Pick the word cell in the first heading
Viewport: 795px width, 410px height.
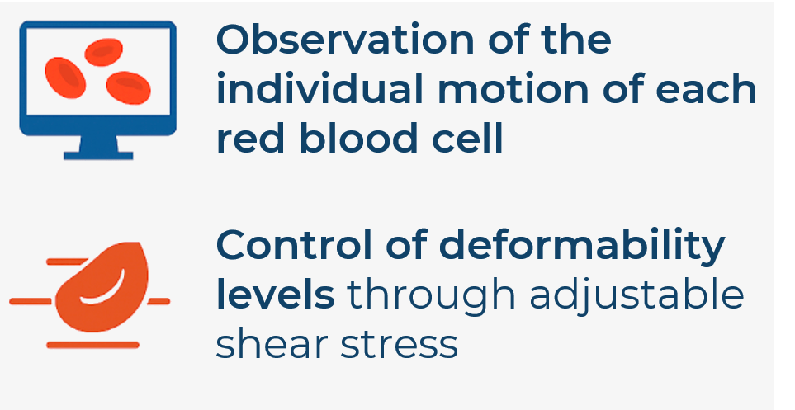[466, 138]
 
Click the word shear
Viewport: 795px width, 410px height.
[272, 344]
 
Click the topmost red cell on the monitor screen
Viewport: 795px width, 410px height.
[103, 52]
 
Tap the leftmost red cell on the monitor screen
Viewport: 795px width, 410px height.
[65, 78]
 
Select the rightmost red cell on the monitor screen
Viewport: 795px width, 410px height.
[128, 87]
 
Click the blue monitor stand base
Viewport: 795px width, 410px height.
[98, 155]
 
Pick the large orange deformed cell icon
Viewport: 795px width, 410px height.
[102, 287]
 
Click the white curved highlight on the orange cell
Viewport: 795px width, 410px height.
[103, 289]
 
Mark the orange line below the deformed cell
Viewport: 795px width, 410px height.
[92, 345]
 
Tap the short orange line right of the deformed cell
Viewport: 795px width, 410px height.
[159, 302]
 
